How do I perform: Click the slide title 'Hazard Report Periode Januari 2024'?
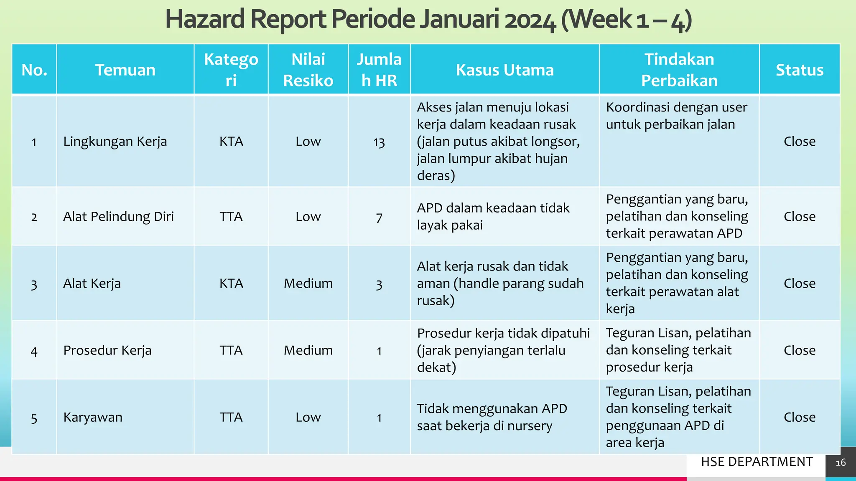(428, 20)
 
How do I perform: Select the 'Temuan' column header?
(125, 70)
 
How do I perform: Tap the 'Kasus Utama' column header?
(504, 70)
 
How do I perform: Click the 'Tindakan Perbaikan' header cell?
(679, 70)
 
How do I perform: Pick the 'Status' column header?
(799, 70)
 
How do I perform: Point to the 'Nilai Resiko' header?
(308, 70)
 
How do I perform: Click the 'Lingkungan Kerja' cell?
(115, 142)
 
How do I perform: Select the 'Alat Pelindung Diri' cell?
(118, 217)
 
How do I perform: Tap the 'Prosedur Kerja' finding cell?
(107, 350)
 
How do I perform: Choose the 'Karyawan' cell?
(93, 417)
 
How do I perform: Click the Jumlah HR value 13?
(379, 142)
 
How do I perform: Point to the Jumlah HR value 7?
(379, 218)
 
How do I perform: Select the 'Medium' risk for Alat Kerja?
(308, 284)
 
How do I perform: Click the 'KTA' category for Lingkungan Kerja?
(231, 142)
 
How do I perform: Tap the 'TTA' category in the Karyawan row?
(231, 417)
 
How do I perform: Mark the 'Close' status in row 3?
(799, 284)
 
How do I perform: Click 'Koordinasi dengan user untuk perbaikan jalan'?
(676, 116)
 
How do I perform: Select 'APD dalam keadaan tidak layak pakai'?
(493, 216)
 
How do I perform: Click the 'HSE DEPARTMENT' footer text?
(757, 462)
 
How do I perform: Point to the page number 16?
(840, 463)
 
